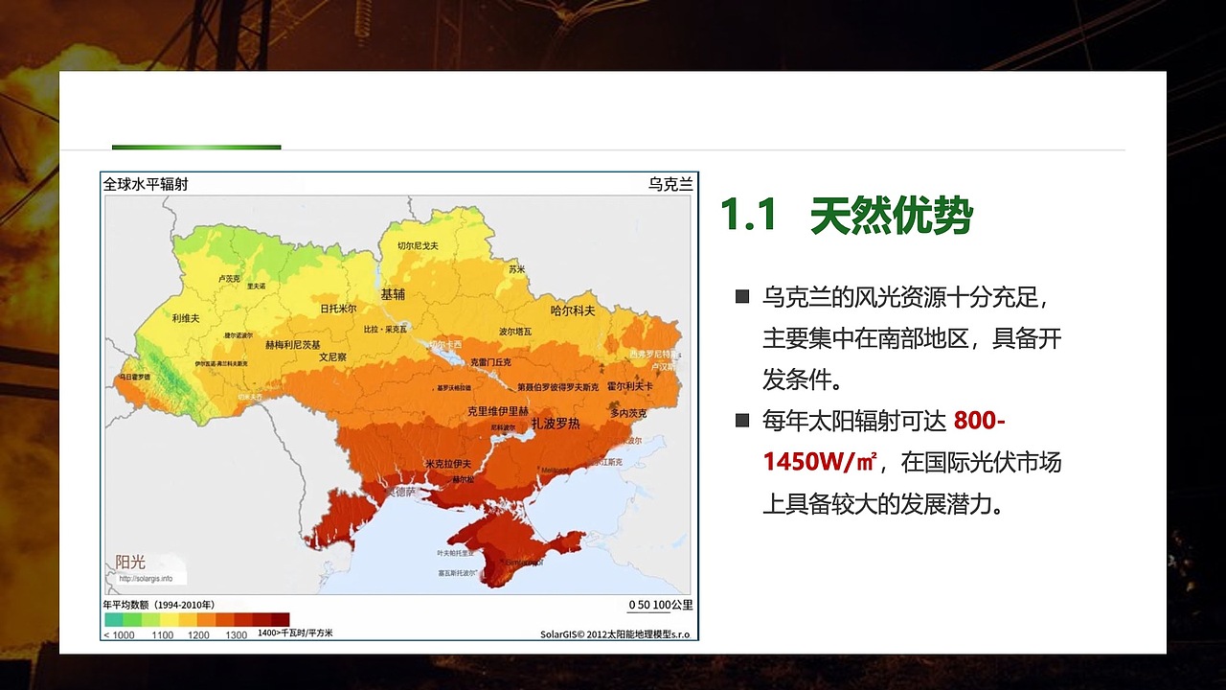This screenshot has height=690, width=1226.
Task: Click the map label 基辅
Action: coord(393,294)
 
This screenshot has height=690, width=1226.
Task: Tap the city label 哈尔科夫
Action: coord(573,310)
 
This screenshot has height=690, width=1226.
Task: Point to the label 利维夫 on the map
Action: coord(186,318)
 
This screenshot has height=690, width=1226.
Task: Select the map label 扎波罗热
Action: coord(556,424)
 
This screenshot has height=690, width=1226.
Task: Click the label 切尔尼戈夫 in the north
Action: coord(418,246)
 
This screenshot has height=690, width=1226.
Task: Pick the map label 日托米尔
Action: coord(338,309)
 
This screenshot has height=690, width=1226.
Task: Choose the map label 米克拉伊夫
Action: coord(447,464)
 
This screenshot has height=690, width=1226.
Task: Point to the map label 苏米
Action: coord(517,269)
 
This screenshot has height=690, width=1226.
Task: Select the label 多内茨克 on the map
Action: coord(628,413)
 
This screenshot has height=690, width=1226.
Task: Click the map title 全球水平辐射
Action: coord(146,184)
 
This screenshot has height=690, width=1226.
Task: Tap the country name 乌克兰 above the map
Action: coord(670,184)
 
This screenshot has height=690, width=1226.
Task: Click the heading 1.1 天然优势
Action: coord(846,216)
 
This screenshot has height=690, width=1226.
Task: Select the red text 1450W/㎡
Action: coord(820,462)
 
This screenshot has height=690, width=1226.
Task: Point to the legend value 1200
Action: coord(198,634)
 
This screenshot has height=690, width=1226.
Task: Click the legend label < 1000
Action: coord(119,634)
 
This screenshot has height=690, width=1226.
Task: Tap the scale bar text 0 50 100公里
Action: coord(660,605)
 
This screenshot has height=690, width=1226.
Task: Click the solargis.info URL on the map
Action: coord(147,578)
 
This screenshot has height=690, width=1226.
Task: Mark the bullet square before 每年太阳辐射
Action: coord(741,420)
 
